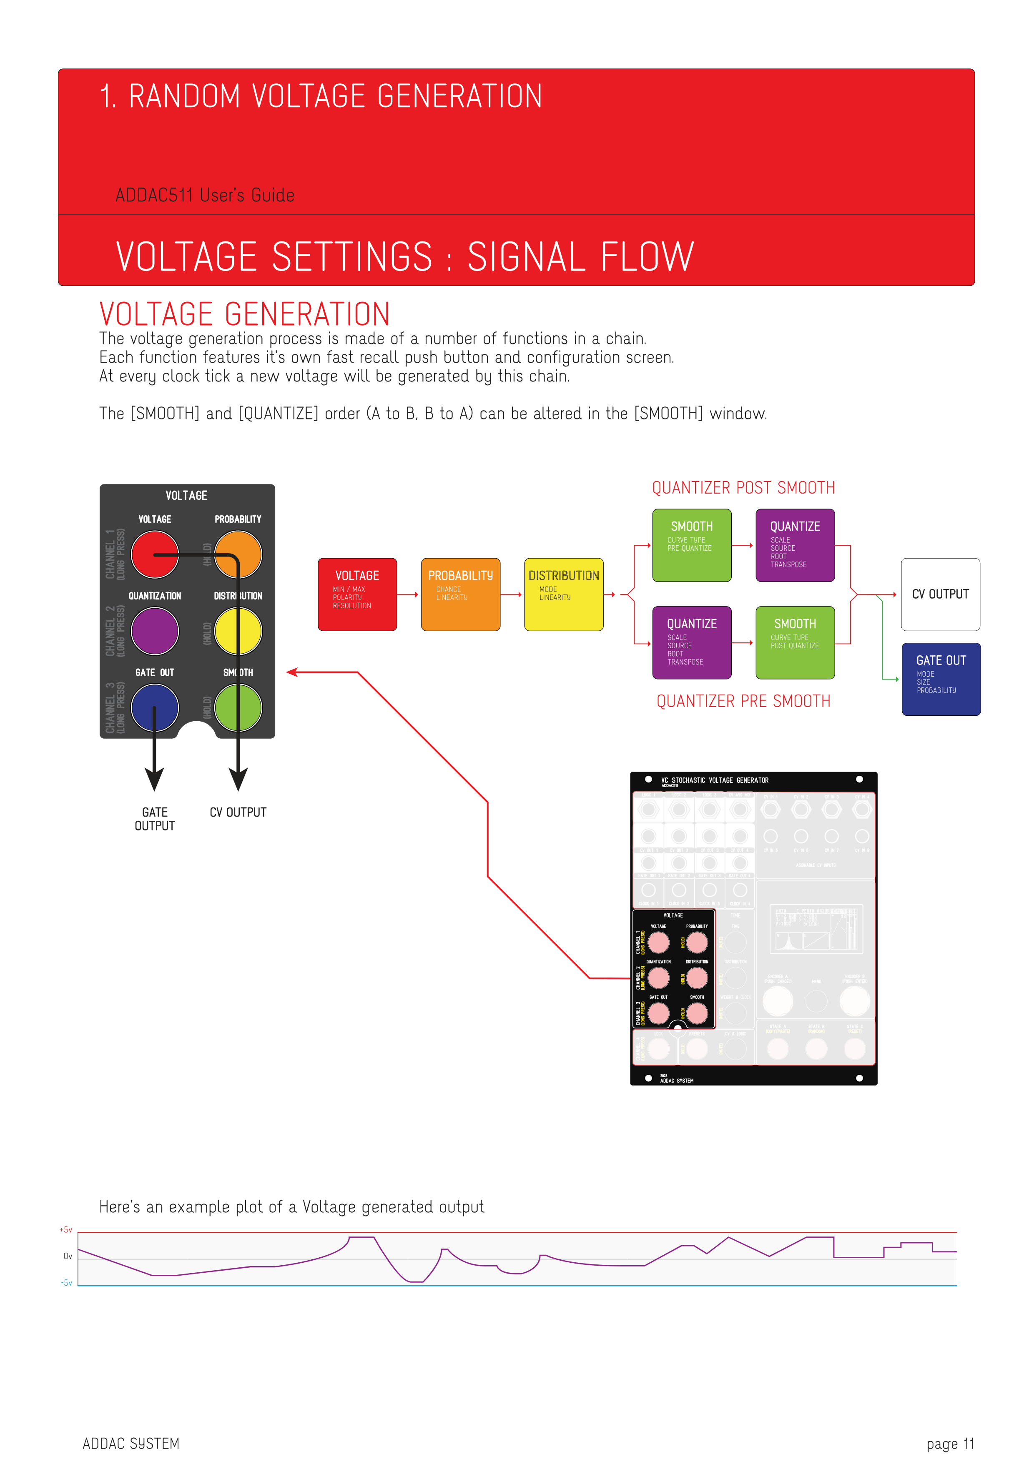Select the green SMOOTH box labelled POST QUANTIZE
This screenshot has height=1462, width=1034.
(795, 642)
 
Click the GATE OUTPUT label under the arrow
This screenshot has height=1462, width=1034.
(155, 819)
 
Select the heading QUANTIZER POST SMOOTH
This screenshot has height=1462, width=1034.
(743, 488)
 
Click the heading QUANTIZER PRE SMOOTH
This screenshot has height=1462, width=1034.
(743, 701)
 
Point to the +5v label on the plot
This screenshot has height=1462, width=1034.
(66, 1229)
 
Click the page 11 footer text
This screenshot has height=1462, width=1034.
(950, 1444)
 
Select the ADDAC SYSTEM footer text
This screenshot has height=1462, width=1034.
(131, 1444)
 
